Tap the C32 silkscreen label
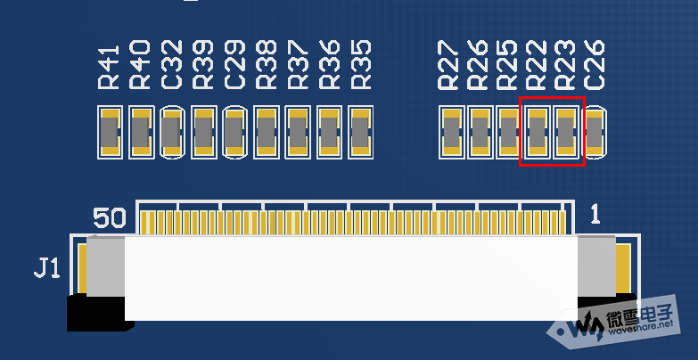172,64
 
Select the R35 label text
361,65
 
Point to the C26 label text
595,64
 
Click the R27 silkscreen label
450,65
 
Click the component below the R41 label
109,133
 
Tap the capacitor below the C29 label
234,133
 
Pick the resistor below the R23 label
567,133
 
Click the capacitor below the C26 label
595,133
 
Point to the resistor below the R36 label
329,133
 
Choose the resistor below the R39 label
203,133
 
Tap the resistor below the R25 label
508,133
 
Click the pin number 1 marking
595,214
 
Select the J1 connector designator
47,267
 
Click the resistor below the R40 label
141,133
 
